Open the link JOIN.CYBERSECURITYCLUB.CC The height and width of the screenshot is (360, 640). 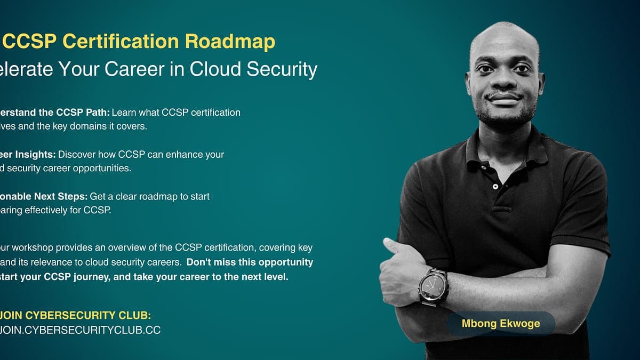(80, 330)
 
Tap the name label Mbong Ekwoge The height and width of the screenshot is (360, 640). (501, 324)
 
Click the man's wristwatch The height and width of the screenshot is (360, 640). (433, 286)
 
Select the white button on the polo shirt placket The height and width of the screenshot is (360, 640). (495, 187)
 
